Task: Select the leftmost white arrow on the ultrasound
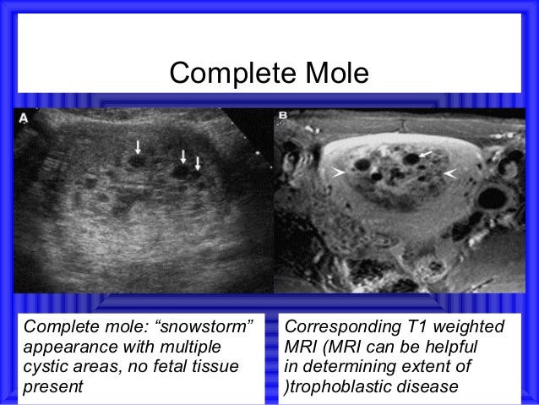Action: [138, 149]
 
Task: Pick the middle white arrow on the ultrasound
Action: [183, 156]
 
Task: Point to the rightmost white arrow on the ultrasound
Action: [198, 161]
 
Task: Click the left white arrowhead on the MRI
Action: [339, 172]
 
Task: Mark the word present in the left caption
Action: [53, 386]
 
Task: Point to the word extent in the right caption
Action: [429, 367]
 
